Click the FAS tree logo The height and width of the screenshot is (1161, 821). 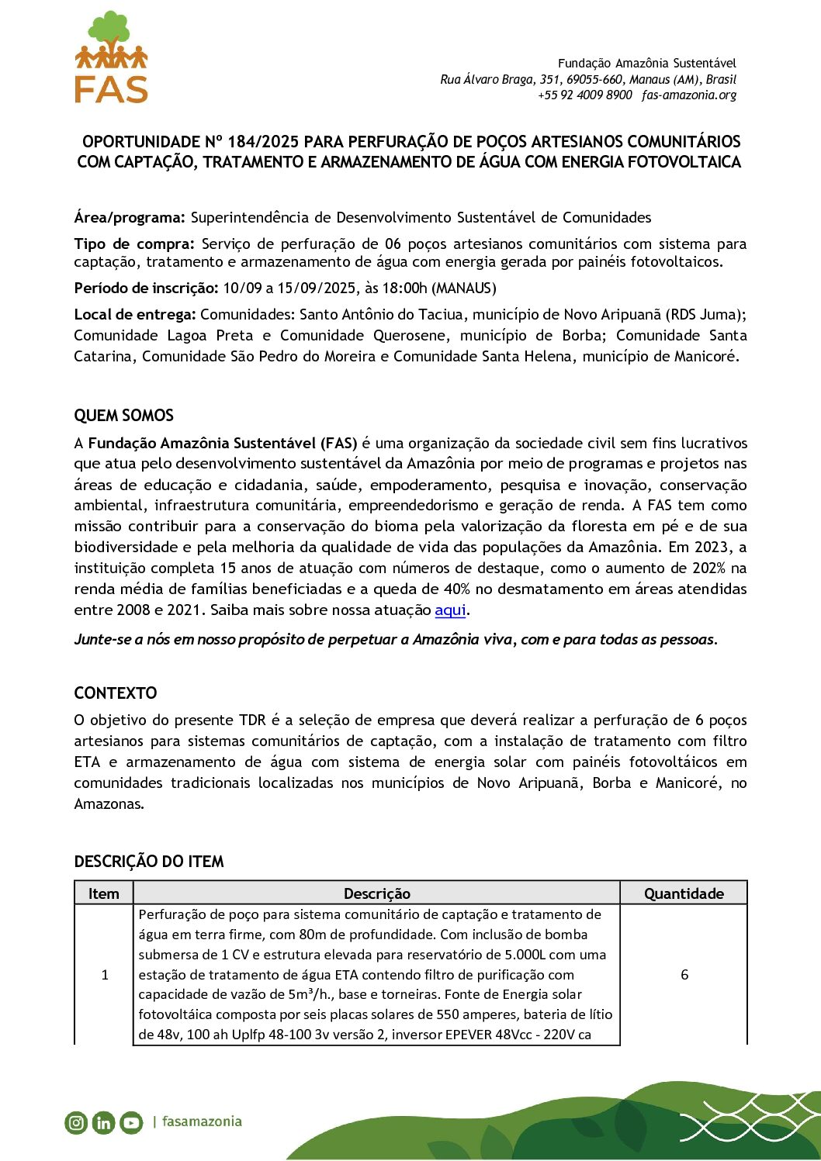point(111,57)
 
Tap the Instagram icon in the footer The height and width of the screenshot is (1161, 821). point(76,1122)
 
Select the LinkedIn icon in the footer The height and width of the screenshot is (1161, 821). point(103,1122)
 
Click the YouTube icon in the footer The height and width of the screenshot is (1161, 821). point(131,1122)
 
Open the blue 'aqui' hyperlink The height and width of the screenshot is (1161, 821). point(450,610)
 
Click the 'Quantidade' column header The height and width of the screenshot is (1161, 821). point(684,893)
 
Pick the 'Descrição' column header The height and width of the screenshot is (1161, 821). point(376,893)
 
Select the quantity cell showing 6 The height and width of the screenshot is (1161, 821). point(684,975)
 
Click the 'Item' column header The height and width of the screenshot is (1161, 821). point(104,893)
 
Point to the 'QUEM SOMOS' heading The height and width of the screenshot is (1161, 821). point(124,416)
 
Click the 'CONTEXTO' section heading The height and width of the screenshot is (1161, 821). point(116,693)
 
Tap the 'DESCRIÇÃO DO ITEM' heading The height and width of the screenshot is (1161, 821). point(149,862)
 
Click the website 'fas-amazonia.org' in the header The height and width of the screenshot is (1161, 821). point(689,95)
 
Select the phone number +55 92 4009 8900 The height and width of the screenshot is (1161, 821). point(585,95)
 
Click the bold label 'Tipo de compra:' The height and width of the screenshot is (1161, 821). point(133,244)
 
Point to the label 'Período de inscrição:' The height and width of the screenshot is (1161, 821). point(146,289)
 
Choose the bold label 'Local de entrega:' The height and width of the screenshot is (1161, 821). point(135,315)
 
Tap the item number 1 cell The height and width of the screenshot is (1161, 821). point(105,975)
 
